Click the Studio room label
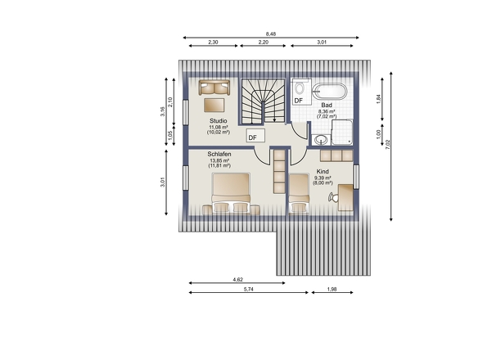click(219, 121)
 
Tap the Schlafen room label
click(219, 154)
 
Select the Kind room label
click(323, 171)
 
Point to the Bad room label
click(327, 105)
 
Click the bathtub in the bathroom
click(330, 92)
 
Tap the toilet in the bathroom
click(299, 88)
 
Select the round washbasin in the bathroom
click(321, 140)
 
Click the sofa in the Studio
click(214, 88)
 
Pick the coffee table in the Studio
click(214, 105)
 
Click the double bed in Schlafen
click(231, 193)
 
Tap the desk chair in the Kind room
click(333, 197)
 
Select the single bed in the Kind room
click(299, 193)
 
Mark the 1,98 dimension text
click(332, 289)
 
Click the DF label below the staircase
click(252, 137)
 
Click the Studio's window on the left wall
click(186, 112)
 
